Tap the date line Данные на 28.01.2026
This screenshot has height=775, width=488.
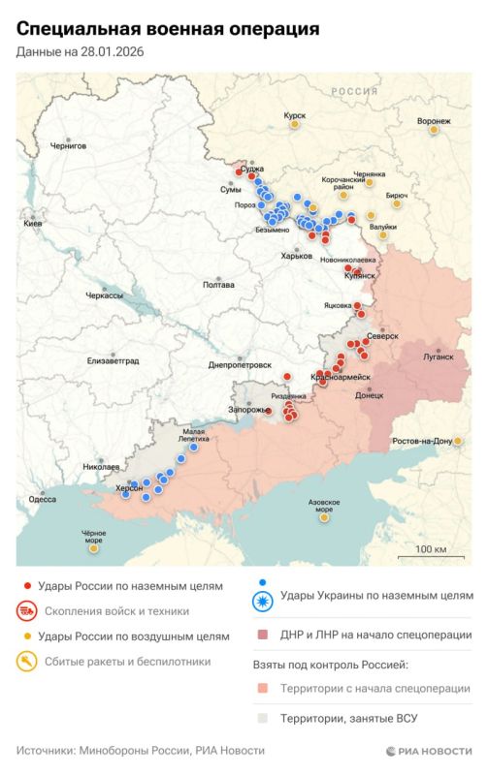point(80,51)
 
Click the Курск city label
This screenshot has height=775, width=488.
point(294,114)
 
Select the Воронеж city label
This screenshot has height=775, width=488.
point(434,121)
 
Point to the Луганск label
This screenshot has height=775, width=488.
point(439,356)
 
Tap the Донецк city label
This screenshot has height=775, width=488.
point(370,395)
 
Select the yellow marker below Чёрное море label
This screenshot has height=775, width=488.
point(93,548)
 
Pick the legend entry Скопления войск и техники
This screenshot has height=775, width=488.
point(113,611)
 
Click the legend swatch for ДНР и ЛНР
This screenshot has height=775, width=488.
point(262,635)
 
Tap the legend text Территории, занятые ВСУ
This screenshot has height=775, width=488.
point(356,720)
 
